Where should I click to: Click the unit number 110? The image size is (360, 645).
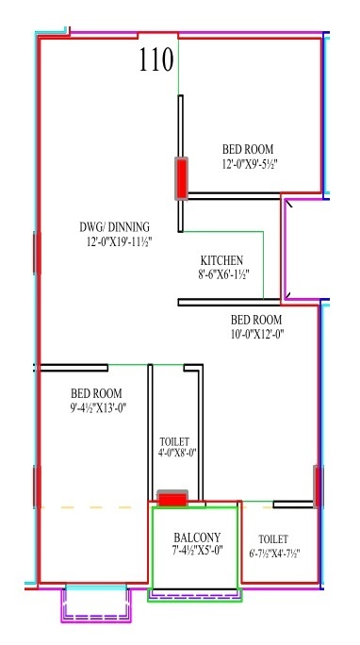click(x=155, y=61)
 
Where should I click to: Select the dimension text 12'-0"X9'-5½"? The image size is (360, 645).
click(x=250, y=164)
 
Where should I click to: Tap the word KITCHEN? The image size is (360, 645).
click(x=222, y=260)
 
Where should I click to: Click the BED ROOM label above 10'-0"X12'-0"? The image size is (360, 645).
click(x=256, y=319)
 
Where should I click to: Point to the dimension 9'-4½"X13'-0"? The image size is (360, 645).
click(x=98, y=408)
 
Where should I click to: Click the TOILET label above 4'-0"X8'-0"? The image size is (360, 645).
click(x=174, y=441)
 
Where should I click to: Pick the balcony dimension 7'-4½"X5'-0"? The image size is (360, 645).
click(x=197, y=552)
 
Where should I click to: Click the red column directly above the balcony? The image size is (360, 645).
click(x=172, y=498)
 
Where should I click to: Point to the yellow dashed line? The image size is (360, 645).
click(x=94, y=507)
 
